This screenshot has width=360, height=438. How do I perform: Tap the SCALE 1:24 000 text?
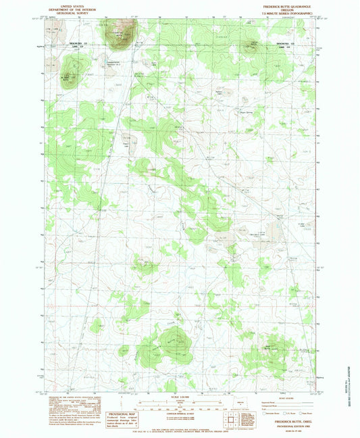click(x=179, y=395)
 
